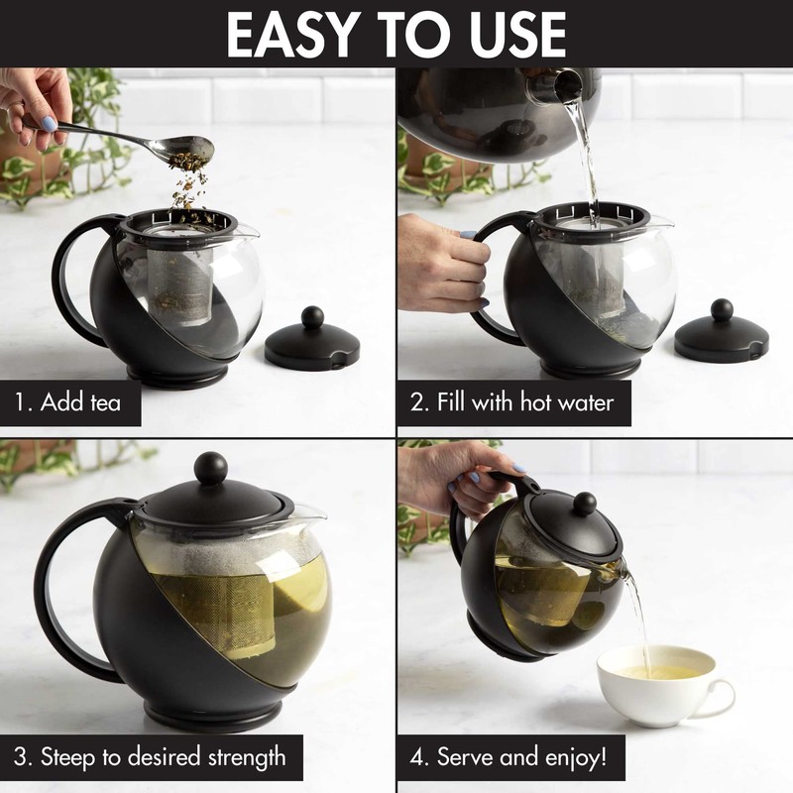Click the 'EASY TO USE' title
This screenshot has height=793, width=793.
(396, 34)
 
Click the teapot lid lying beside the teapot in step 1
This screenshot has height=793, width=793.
(311, 342)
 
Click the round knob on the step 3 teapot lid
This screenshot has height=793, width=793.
(210, 468)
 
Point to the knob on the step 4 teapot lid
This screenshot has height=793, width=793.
(585, 503)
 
